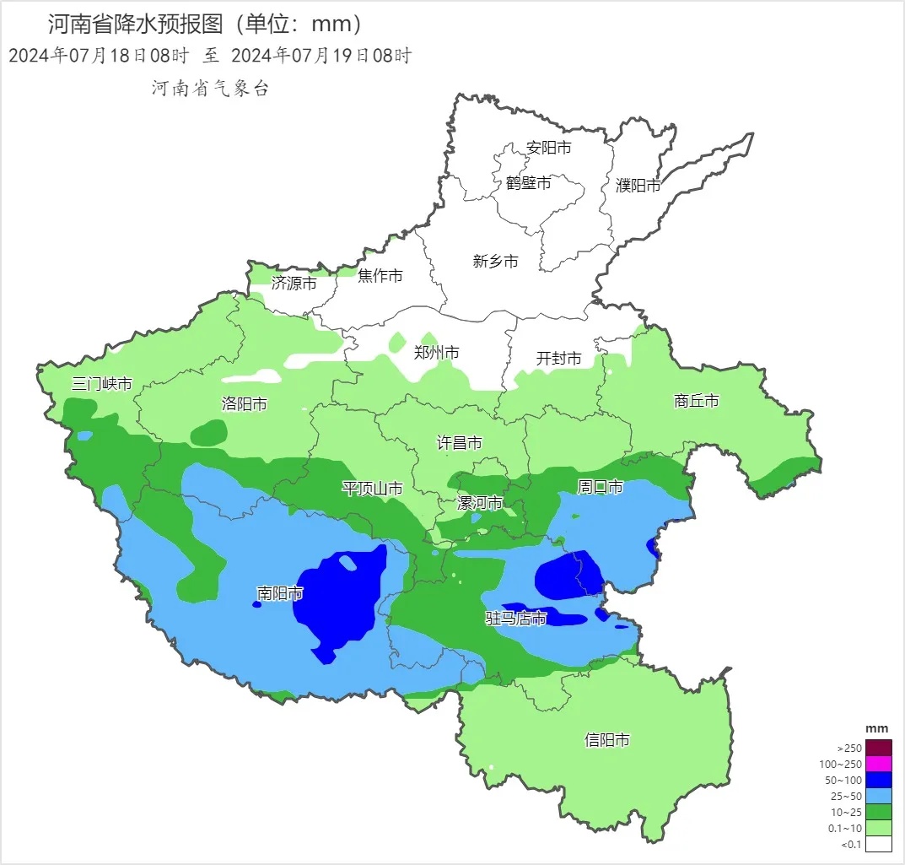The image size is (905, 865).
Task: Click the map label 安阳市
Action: [x=548, y=148]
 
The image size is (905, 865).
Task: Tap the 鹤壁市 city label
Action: [x=529, y=182]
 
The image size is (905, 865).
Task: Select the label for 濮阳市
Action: [x=638, y=186]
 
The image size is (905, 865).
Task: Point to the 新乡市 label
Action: [x=495, y=262]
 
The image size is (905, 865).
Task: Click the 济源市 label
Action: [x=294, y=284]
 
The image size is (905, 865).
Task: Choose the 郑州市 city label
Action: [x=436, y=353]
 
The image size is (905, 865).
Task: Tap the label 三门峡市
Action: [x=102, y=384]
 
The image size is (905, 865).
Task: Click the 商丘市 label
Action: [x=697, y=401]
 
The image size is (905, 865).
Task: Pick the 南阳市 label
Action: [x=280, y=594]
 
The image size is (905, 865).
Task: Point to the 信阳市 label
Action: [x=607, y=740]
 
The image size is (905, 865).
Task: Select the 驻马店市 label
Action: [x=515, y=619]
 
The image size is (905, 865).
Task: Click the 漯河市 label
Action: [x=479, y=504]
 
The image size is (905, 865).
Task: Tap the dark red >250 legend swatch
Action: [x=878, y=748]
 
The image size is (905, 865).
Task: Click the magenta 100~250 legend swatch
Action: [x=878, y=764]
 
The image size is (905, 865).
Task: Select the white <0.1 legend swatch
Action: [x=878, y=843]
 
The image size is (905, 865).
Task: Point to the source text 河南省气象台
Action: [x=210, y=89]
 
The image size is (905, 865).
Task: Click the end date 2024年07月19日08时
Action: [x=321, y=57]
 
